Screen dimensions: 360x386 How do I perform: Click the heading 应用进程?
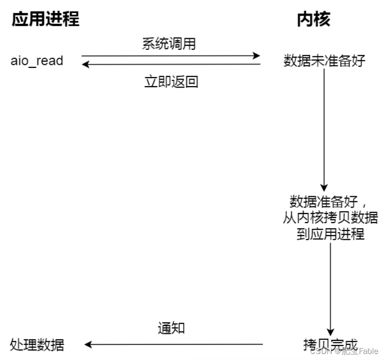point(45,20)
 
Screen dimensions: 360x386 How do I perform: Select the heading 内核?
point(313,20)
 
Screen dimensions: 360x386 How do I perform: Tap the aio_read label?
point(37,61)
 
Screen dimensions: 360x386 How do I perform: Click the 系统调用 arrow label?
point(168,44)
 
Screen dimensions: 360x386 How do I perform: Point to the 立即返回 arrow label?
point(171,82)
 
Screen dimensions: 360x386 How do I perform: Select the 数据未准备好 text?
point(324,61)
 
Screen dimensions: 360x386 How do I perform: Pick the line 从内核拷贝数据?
point(331,218)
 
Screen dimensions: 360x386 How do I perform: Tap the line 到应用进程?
point(331,234)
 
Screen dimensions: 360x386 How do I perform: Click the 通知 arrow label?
point(171,328)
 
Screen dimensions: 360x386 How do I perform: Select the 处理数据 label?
point(37,345)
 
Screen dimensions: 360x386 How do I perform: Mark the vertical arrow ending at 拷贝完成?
point(331,287)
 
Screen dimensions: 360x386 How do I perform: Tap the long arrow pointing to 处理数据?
point(174,345)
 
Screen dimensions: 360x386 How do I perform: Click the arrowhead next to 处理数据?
point(88,345)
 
